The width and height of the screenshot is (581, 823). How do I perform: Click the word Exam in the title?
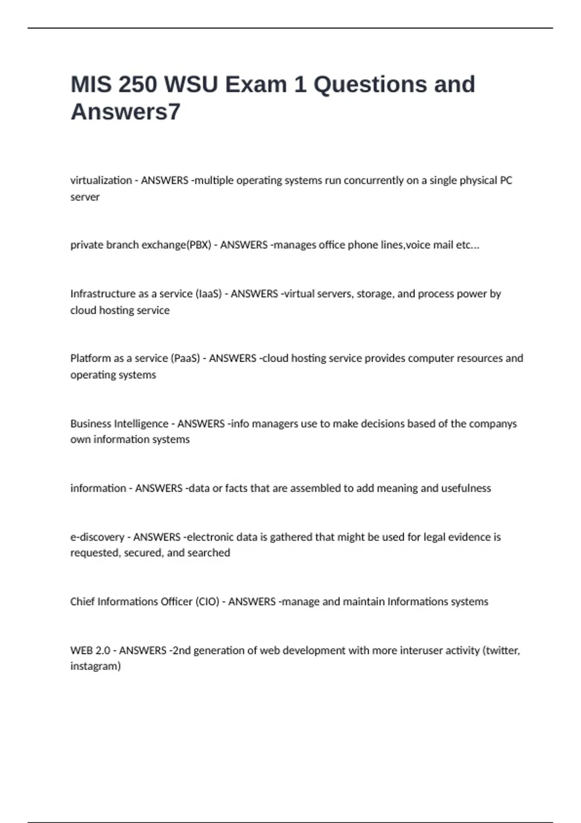256,84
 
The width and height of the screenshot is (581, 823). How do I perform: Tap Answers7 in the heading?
125,112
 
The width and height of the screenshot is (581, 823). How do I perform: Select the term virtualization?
101,181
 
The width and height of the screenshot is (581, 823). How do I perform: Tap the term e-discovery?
97,537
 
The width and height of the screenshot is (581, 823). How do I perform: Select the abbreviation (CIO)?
207,602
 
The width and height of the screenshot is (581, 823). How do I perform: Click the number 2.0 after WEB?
103,651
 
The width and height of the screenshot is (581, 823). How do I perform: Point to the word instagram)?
95,666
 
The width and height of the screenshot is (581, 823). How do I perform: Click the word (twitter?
501,651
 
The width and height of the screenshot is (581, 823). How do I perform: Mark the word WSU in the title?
191,84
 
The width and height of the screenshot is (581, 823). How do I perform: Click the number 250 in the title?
138,84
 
